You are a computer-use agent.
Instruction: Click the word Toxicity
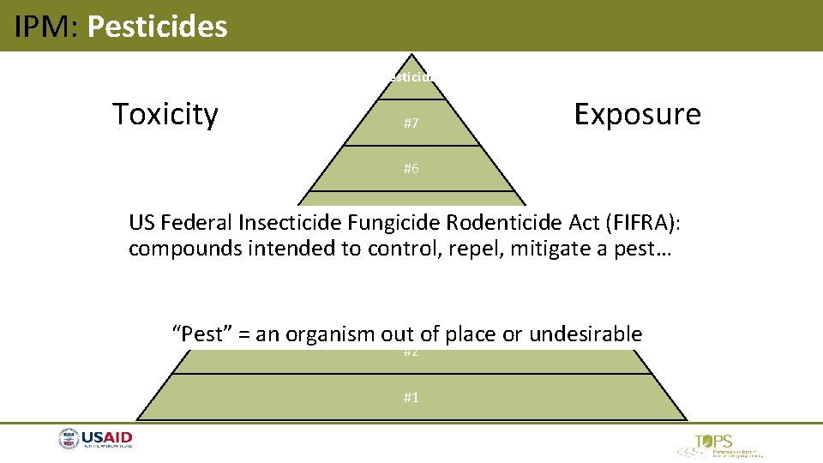point(165,114)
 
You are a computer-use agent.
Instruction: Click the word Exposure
point(637,114)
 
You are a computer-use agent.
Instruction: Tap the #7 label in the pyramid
point(411,123)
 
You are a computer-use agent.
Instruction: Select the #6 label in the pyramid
point(411,169)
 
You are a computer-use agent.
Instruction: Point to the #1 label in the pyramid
point(411,397)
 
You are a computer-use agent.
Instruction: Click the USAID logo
point(96,440)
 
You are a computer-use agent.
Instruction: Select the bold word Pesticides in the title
point(158,27)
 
